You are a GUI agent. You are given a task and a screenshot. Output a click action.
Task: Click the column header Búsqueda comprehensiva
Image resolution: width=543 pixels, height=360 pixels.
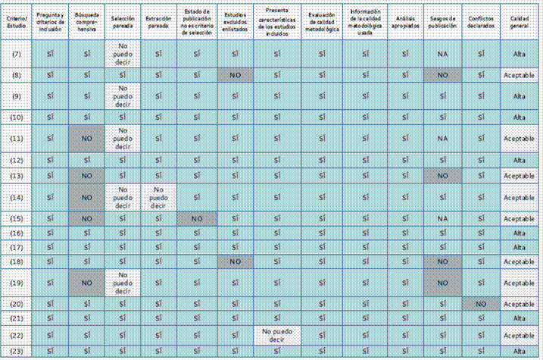[x=89, y=20]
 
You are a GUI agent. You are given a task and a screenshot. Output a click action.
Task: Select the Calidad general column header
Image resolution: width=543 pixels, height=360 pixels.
[x=520, y=20]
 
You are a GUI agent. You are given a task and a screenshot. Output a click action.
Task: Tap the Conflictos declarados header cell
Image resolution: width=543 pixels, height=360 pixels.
[x=482, y=20]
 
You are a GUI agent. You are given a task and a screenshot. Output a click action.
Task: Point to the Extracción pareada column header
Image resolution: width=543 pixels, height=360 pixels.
[x=158, y=20]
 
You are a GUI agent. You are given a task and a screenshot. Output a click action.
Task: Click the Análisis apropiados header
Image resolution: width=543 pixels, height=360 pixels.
[x=405, y=20]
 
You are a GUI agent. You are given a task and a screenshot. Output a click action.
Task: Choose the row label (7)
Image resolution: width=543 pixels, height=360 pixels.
[x=17, y=54]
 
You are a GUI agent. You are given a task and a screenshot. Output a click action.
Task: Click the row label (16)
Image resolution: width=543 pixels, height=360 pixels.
[x=17, y=233]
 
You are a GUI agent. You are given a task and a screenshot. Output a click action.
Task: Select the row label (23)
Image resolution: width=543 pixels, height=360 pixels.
[x=17, y=350]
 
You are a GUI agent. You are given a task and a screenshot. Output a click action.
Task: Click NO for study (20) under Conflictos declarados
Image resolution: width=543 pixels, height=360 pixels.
[x=482, y=303]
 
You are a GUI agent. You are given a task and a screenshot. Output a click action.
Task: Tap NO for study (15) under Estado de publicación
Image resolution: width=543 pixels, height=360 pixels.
[x=196, y=218]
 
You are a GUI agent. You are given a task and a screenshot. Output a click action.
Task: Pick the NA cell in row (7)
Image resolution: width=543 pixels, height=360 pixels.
[x=443, y=54]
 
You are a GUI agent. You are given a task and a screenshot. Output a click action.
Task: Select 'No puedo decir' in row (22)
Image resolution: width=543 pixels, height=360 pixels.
[x=277, y=335]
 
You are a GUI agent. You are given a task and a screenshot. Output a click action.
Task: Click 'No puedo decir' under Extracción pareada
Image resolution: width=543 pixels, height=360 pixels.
[x=158, y=198]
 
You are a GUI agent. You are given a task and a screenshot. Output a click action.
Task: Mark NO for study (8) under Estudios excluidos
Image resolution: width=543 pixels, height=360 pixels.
[x=236, y=76]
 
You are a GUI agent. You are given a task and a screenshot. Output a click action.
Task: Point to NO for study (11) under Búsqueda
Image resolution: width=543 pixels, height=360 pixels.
[x=89, y=139]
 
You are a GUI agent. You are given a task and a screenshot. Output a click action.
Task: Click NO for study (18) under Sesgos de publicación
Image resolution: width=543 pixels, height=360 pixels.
[x=443, y=261]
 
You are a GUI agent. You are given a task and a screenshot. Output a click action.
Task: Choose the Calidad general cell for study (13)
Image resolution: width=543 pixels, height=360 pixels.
[x=520, y=175]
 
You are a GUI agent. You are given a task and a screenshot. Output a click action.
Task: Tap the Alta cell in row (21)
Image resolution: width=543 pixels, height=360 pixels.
[x=520, y=318]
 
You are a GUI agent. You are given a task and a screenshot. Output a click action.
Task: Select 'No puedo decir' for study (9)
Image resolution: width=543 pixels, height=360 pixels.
[x=123, y=96]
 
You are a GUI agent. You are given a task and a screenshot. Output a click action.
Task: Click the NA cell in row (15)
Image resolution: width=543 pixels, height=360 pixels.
[x=443, y=218]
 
